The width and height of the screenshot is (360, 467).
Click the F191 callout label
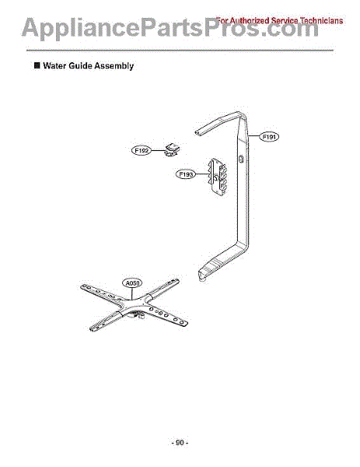tap(269, 137)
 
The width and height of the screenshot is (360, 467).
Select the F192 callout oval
tap(142, 150)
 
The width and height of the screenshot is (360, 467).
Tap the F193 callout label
tap(187, 174)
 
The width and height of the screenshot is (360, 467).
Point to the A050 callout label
tap(132, 283)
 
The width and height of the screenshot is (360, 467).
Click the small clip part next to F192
tap(173, 149)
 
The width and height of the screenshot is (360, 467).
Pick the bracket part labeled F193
tap(218, 177)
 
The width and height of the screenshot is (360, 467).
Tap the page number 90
tap(180, 443)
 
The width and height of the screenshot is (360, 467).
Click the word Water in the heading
tap(54, 65)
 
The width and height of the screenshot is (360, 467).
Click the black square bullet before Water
tap(37, 65)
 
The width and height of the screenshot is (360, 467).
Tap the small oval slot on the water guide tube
tap(241, 158)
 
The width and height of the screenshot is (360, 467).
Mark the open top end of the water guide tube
tap(197, 132)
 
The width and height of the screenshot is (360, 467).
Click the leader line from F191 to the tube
tap(253, 136)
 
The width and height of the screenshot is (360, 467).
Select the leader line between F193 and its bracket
tap(202, 174)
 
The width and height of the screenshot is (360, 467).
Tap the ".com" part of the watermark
tap(289, 28)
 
